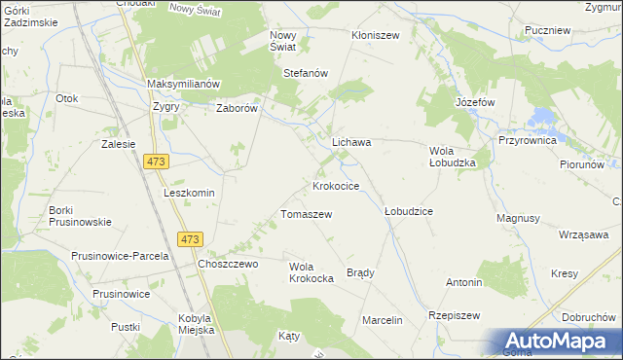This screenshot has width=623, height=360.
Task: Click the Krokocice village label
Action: click(x=336, y=185)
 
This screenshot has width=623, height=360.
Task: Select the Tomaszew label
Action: click(x=307, y=214)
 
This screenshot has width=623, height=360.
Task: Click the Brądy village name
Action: click(x=360, y=272)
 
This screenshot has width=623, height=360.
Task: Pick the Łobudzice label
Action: click(x=408, y=210)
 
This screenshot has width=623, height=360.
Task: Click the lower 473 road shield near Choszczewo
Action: click(x=191, y=239)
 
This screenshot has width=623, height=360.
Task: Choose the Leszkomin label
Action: click(x=189, y=193)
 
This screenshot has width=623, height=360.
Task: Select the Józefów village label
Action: click(x=475, y=101)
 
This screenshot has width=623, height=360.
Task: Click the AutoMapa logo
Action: click(x=560, y=342)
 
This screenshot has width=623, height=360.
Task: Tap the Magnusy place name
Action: click(x=518, y=219)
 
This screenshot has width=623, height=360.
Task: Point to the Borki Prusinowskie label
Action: click(x=80, y=216)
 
